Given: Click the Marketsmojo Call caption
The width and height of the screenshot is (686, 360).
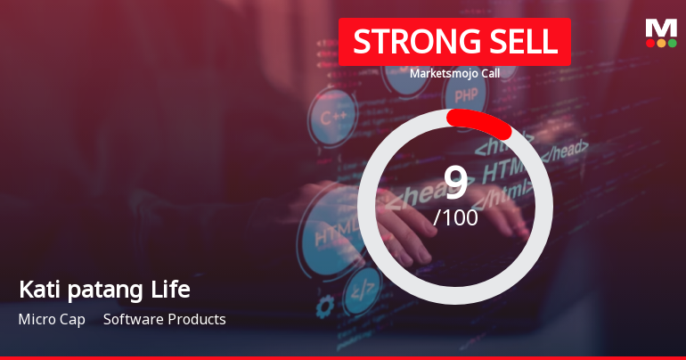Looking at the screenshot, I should click(x=454, y=73).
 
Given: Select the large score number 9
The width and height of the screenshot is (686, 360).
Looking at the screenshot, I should click(x=455, y=183).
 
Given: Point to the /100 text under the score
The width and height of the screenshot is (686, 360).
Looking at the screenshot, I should click(x=455, y=217).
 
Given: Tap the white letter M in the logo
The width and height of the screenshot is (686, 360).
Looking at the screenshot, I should click(x=661, y=29).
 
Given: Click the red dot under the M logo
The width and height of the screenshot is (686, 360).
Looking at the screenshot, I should click(x=649, y=43).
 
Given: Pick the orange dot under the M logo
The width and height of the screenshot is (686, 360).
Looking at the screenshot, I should click(x=661, y=43).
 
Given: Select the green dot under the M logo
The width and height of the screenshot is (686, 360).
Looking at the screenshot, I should click(x=673, y=43).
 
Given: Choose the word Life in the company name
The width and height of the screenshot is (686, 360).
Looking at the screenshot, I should click(x=171, y=290).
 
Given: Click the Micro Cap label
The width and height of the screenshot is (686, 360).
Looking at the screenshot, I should click(x=52, y=319).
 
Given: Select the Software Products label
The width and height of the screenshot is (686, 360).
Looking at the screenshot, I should click(x=165, y=319).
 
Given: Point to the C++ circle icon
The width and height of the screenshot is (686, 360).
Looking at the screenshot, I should click(x=332, y=117).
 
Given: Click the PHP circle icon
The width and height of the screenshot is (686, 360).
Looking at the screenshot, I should click(x=465, y=96).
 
